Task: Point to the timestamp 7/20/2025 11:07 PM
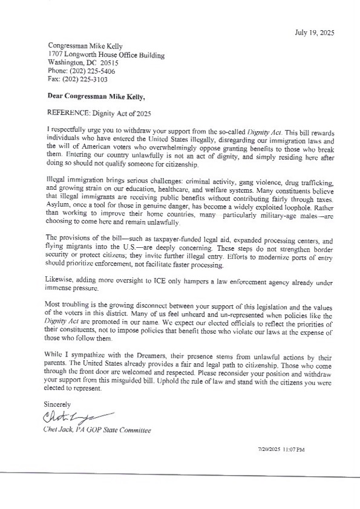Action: tap(281, 450)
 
